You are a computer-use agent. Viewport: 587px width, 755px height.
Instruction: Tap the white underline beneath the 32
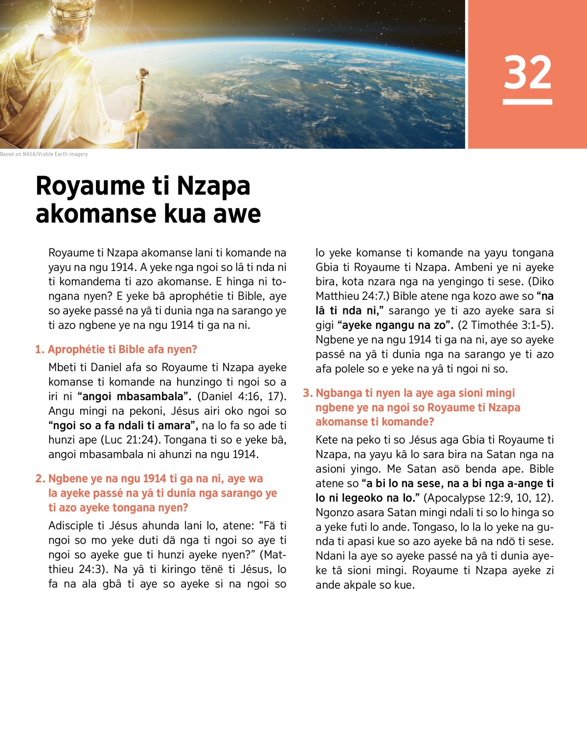click(527, 102)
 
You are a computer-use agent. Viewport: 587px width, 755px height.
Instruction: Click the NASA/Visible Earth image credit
click(44, 154)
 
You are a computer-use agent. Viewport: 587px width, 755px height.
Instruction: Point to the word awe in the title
click(237, 214)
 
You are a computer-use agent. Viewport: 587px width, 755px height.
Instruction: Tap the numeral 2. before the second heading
click(40, 479)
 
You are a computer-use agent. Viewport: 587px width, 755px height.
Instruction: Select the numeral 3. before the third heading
click(308, 393)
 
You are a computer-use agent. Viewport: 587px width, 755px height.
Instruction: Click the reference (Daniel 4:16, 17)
click(242, 396)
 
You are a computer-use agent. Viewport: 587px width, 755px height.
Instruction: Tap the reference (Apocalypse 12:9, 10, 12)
click(489, 498)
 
